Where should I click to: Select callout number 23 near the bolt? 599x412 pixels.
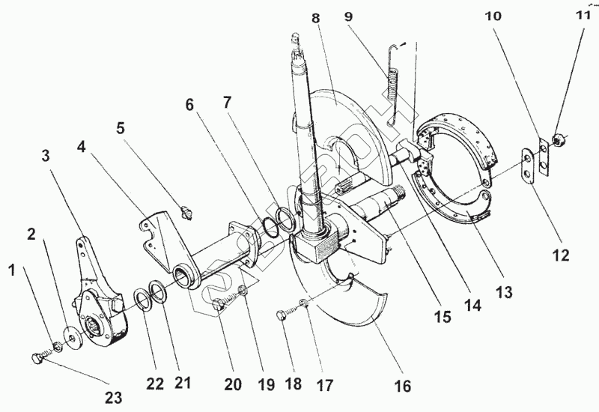113,397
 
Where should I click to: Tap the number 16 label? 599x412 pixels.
403,387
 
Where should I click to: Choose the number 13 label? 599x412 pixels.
505,293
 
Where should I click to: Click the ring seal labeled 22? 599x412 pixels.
141,302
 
